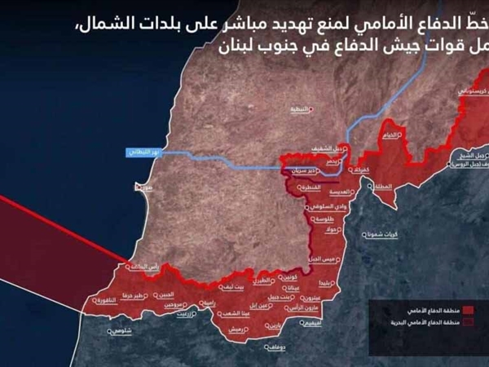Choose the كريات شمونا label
[382, 233]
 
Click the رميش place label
[235, 329]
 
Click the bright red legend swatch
[480, 311]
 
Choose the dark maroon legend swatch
[480, 323]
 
